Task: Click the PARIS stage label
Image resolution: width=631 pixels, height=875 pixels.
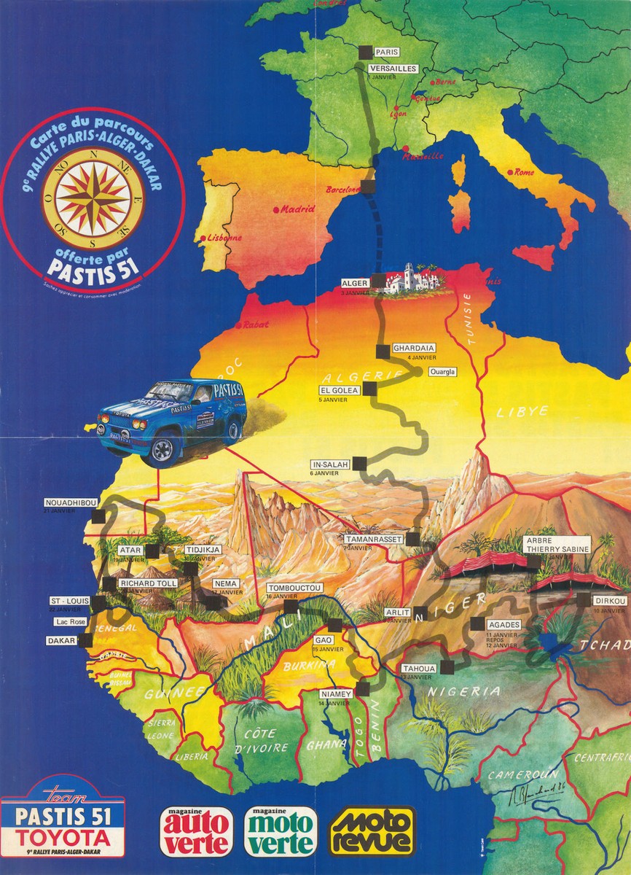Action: coord(386,52)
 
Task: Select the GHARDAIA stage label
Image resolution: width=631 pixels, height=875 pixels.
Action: coord(414,348)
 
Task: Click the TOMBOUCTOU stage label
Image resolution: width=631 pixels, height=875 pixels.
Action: coord(294,588)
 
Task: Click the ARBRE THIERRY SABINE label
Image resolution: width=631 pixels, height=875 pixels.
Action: coord(549,545)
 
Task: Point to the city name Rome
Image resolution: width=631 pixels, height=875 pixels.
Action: coord(525,172)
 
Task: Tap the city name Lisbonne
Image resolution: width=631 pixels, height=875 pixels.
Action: coord(224,237)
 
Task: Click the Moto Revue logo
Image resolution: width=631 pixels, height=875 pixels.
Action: coord(372,830)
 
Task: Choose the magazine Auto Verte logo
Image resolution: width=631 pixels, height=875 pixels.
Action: coord(196,831)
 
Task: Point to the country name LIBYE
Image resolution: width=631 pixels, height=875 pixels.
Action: coord(522,411)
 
